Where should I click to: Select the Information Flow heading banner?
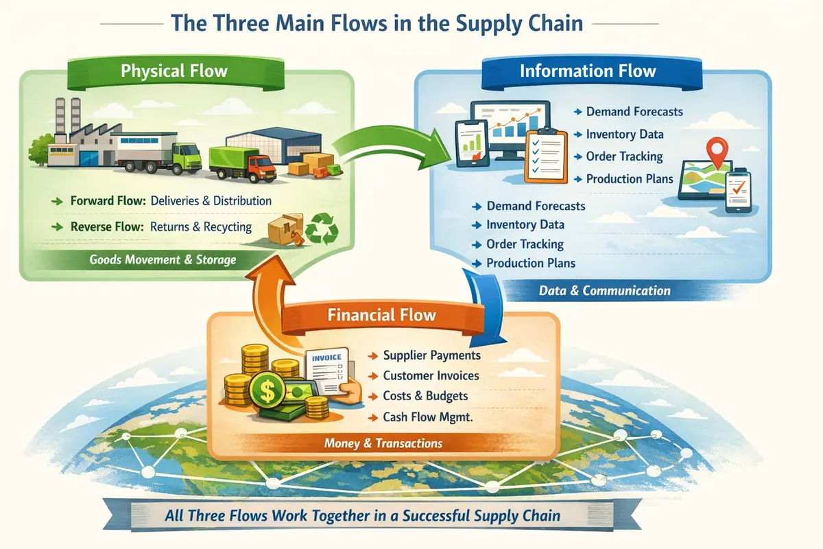coord(588,71)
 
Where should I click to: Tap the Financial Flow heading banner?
coord(381,315)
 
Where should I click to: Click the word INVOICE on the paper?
coord(325,358)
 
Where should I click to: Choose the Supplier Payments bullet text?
coord(431,355)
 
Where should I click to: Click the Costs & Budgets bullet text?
coord(425,396)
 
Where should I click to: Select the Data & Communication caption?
coord(604,290)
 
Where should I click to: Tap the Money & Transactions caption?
coord(383,443)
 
